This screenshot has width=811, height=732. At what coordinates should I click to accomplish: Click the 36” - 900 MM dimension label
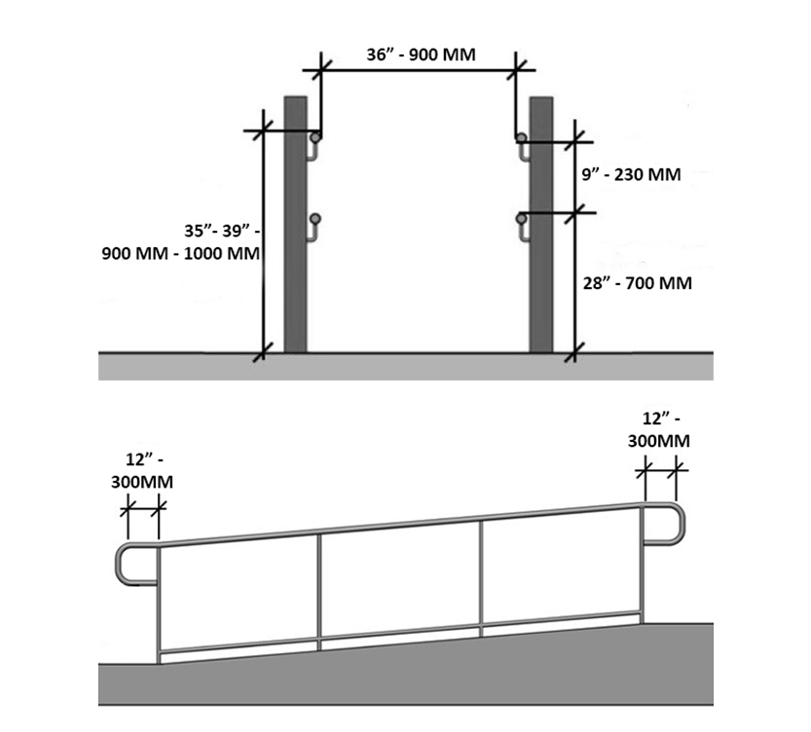pyautogui.click(x=421, y=55)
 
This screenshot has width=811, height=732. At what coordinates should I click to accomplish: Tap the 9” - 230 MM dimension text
pyautogui.click(x=631, y=174)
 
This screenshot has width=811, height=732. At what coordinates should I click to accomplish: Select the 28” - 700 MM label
pyautogui.click(x=637, y=283)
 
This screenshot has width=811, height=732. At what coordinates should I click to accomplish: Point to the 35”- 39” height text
pyautogui.click(x=222, y=231)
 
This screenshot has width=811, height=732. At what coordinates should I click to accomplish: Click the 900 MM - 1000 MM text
pyautogui.click(x=180, y=253)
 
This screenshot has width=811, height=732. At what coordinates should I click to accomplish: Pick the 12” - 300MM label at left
pyautogui.click(x=142, y=470)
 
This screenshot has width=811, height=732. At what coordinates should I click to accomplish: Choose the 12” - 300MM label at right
pyautogui.click(x=659, y=429)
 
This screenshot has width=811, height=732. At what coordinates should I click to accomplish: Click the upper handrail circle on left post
pyautogui.click(x=315, y=137)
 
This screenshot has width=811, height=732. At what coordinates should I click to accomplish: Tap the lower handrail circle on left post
pyautogui.click(x=315, y=219)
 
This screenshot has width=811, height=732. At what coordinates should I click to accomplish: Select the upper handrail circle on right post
pyautogui.click(x=522, y=137)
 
